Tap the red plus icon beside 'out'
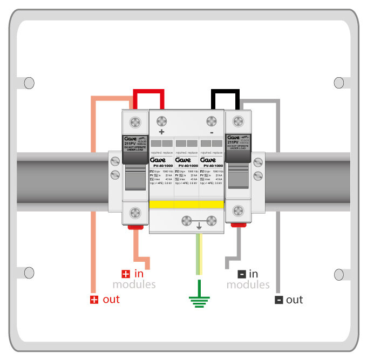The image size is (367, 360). tap(94, 300)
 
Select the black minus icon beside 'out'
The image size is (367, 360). tap(278, 300)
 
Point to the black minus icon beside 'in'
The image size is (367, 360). tap(241, 274)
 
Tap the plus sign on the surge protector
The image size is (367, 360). tap(160, 132)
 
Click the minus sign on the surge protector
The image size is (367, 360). tap(212, 132)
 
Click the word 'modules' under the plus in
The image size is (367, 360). tap(134, 284)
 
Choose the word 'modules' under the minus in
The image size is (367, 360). tap(248, 284)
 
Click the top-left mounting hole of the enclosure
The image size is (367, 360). tap(29, 83)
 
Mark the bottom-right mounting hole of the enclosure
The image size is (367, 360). tap(339, 273)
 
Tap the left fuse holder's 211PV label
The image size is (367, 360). tap(130, 144)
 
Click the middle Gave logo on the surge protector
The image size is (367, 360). tap(186, 160)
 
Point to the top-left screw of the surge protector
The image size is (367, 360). tap(161, 118)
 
